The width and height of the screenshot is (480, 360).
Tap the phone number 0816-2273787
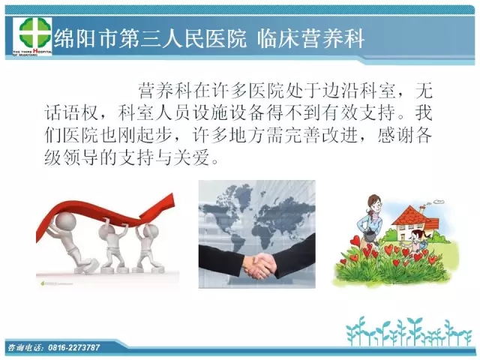73,347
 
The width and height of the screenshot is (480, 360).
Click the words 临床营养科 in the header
310,39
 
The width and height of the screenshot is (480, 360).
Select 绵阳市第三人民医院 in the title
150,39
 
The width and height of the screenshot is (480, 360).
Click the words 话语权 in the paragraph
72,113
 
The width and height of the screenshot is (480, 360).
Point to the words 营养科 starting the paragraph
165,91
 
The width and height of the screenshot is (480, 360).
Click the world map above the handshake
257,214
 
